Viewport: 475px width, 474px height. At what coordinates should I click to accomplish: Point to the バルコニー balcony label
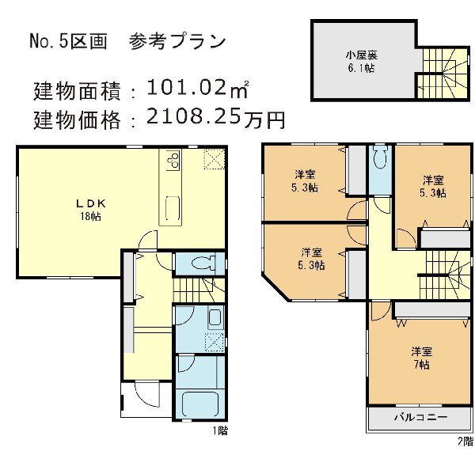[420, 418]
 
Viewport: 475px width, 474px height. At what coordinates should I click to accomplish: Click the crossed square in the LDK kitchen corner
[213, 158]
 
